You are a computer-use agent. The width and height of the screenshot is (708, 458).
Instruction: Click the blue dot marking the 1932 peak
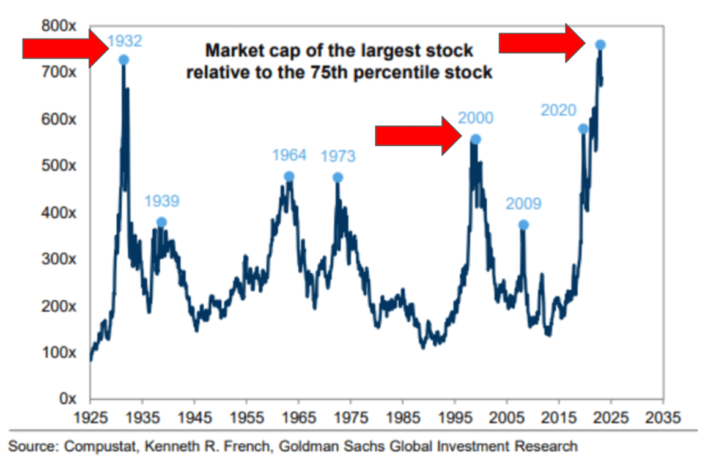tap(124, 59)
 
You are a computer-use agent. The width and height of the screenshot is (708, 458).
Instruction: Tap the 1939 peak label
tap(161, 201)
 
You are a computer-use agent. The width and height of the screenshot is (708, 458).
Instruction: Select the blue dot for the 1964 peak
tap(289, 177)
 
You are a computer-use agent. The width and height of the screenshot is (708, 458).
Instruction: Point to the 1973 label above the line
tap(337, 157)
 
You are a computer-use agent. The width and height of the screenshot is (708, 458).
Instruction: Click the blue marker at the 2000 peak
tap(475, 139)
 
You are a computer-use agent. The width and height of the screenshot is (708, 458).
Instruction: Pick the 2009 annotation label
tap(523, 204)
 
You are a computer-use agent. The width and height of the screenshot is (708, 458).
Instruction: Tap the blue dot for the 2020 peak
tap(583, 129)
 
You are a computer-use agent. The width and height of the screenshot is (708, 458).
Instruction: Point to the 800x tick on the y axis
tap(59, 26)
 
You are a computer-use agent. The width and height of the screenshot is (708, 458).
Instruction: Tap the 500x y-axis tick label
tap(59, 166)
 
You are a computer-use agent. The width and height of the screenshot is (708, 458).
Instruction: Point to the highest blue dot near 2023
tap(600, 45)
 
